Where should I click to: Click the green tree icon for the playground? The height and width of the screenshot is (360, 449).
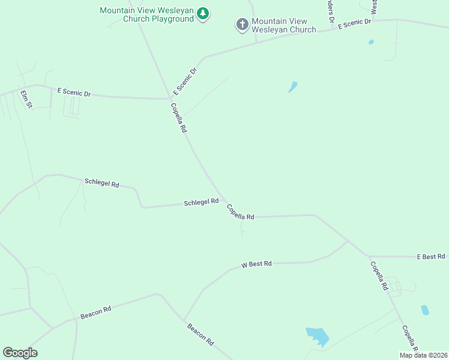coord(203,14)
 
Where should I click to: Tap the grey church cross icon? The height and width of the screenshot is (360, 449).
coord(242,25)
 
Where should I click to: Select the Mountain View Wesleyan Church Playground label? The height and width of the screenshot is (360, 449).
coord(147,14)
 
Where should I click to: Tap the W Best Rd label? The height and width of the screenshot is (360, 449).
coord(256,264)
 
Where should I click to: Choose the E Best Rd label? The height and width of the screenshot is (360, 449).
coord(431,257)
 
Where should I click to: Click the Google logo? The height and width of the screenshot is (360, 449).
coord(20,353)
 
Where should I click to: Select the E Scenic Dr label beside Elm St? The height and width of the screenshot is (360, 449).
coord(74,93)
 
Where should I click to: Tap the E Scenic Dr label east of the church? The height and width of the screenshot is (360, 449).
coord(355,23)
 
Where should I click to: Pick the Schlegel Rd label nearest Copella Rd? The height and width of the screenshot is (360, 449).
coord(201,203)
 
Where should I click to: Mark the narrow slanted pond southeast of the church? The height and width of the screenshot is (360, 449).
coord(293,87)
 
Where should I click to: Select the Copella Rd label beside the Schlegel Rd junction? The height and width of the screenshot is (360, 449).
coord(241,212)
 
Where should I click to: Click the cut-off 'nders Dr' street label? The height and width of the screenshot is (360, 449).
coord(330,11)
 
